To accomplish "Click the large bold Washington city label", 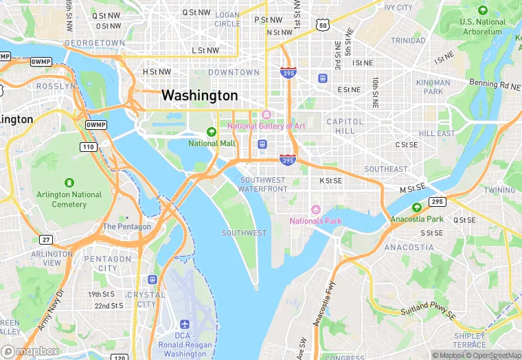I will [199, 95].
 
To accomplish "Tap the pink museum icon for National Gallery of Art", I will [266, 114].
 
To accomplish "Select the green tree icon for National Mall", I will [212, 132].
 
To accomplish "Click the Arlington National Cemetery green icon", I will [69, 183].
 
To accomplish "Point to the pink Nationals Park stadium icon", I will [316, 209].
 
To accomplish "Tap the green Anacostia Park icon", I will [416, 207].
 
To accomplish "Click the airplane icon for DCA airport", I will [185, 324].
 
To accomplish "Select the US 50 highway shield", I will [323, 25].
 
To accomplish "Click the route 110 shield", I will [88, 147].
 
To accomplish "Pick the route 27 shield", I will [45, 239].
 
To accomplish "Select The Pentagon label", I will [126, 227].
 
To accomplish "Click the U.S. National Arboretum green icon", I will [482, 10].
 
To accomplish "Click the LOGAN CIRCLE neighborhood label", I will [227, 19].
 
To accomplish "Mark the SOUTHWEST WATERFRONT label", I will [264, 184].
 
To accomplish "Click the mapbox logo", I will [30, 351].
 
